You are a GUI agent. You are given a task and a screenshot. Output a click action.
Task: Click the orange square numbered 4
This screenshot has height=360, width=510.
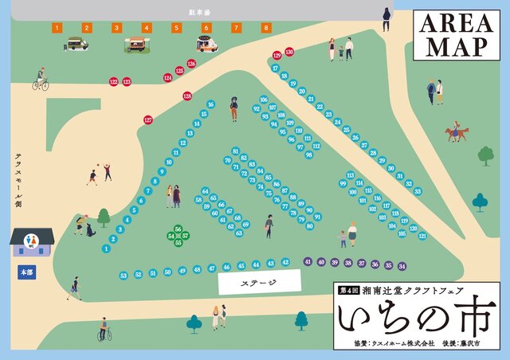146,28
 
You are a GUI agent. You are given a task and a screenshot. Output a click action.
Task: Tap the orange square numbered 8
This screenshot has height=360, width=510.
266,28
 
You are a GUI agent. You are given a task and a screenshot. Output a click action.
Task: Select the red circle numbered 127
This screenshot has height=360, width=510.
148,119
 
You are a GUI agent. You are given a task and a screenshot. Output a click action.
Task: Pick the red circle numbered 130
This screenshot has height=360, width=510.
289,52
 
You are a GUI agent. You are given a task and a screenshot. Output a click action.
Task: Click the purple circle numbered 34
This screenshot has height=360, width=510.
402,265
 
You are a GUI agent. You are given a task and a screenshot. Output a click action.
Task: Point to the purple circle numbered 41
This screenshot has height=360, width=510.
308,261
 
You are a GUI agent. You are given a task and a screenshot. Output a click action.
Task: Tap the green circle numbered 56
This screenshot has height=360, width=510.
178,229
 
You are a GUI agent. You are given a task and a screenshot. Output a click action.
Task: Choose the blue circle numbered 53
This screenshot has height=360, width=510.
124,276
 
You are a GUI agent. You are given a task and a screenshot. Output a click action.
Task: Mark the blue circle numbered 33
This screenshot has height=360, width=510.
418,191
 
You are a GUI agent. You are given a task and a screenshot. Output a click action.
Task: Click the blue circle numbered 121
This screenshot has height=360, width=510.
422,236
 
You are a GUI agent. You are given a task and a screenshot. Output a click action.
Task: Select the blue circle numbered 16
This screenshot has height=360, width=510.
210,104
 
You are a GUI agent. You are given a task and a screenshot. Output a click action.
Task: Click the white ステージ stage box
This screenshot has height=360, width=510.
259,282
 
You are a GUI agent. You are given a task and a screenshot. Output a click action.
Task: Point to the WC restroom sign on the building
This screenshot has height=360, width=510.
31,240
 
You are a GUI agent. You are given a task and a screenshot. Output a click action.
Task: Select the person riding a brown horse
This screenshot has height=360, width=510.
457,132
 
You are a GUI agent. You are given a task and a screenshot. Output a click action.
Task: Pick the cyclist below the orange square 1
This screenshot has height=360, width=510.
41,80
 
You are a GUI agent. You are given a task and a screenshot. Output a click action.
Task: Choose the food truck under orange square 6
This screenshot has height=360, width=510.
206,45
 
